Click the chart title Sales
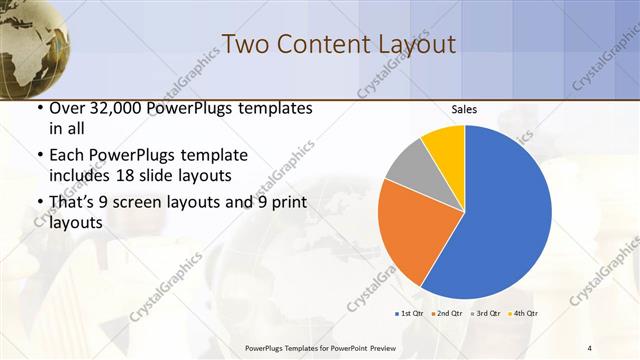point(464,109)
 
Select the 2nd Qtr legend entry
point(445,313)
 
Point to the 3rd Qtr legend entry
point(485,313)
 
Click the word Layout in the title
point(409,44)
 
